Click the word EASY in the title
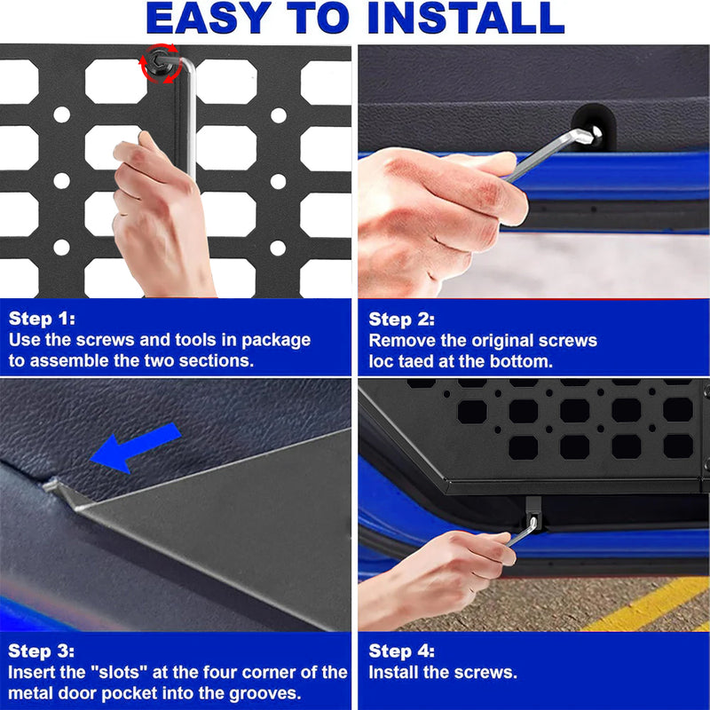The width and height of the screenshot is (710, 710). tap(209, 18)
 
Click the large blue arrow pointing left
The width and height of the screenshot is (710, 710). tap(136, 447)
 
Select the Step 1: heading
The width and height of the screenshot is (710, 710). tap(42, 319)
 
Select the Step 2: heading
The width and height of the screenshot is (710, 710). tap(402, 319)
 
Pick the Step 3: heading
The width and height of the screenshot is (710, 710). tap(41, 651)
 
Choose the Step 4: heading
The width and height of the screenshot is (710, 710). tap(402, 651)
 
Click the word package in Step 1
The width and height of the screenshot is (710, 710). tap(276, 341)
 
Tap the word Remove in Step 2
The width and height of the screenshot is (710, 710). tap(402, 341)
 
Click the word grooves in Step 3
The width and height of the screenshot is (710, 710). tap(264, 694)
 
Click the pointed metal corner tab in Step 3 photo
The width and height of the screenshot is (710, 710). tap(59, 491)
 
